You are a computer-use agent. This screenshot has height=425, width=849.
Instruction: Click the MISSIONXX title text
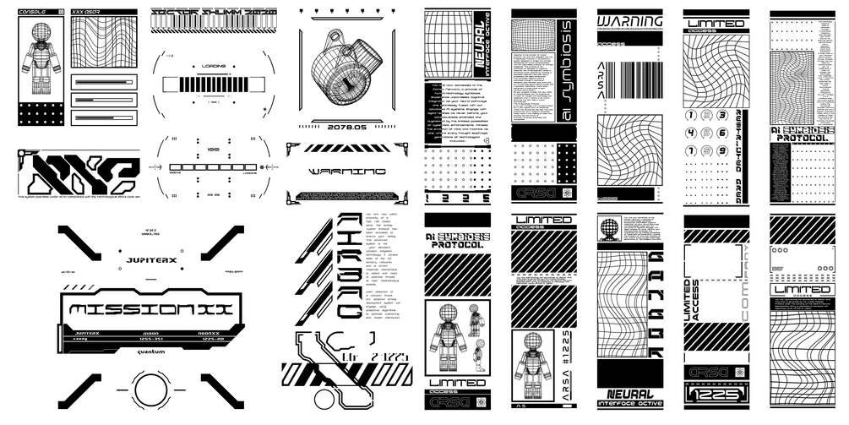(147, 310)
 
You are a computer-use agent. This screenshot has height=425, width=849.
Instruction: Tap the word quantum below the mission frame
(139, 352)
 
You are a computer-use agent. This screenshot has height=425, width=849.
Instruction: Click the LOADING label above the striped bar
(213, 65)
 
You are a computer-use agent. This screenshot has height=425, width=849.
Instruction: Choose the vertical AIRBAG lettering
(346, 263)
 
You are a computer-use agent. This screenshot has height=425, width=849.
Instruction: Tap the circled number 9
(721, 151)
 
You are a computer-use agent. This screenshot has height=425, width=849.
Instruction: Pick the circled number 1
(690, 116)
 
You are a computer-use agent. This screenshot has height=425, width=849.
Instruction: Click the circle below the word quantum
(139, 390)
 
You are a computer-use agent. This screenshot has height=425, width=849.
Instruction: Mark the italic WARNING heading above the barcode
(630, 21)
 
